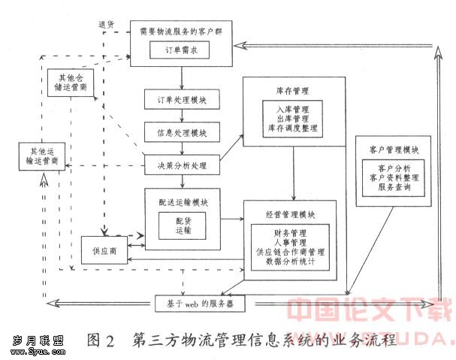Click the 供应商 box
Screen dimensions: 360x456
tap(104, 250)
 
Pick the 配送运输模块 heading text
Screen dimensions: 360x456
tap(183, 202)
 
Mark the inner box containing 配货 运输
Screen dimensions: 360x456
tap(183, 228)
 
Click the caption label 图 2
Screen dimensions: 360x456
tap(99, 339)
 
